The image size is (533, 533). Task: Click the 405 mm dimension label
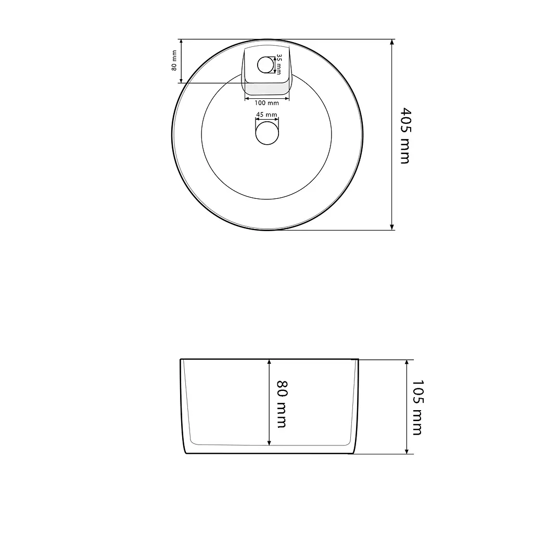pos(405,136)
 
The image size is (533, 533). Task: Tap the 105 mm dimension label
pos(417,408)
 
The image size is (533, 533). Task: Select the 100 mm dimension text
pos(266,103)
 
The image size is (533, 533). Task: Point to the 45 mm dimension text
pos(266,115)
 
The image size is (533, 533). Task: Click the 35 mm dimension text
pos(278,64)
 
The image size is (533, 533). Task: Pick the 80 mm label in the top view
pos(174,60)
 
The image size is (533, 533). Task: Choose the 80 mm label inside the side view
pos(282,404)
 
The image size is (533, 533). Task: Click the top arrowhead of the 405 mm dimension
pos(392,42)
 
